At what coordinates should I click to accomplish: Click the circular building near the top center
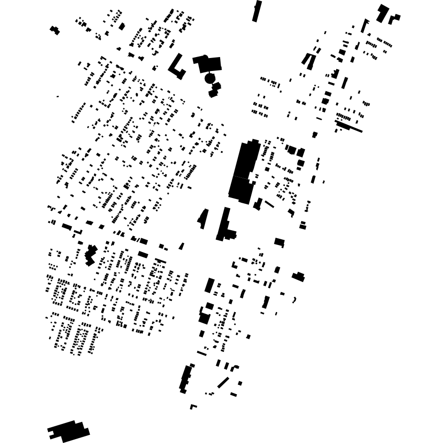point(210,78)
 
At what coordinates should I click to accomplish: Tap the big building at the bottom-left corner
point(69,431)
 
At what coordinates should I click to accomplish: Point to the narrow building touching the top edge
point(257,11)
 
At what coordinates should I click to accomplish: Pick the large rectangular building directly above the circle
point(210,64)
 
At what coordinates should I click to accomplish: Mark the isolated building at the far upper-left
point(55,30)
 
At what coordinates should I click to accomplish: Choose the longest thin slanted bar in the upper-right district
point(349,127)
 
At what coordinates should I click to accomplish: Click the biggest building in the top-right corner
point(382,13)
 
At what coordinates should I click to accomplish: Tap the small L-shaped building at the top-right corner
point(394,19)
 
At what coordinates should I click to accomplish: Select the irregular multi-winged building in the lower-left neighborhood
point(90,255)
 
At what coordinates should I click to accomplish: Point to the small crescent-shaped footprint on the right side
point(294,300)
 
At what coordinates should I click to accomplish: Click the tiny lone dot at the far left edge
point(58,96)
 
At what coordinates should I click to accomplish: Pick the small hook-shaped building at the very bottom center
point(192,407)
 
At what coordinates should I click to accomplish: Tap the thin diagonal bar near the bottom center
point(223,383)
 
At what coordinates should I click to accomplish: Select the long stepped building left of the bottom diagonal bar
point(185,379)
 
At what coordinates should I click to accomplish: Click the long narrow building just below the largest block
point(223,223)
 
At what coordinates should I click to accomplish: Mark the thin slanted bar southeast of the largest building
point(270,204)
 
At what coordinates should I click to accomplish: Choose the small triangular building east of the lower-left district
point(181,246)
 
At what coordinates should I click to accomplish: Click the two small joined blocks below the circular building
point(214,90)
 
